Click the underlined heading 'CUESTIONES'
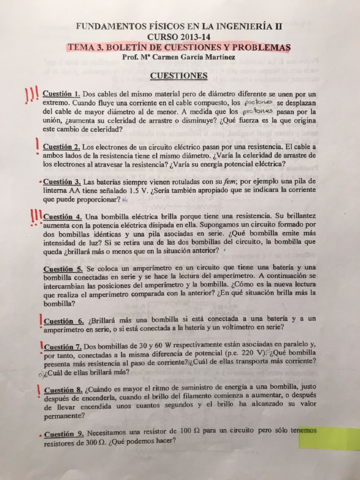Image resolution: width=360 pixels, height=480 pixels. point(181,74)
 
